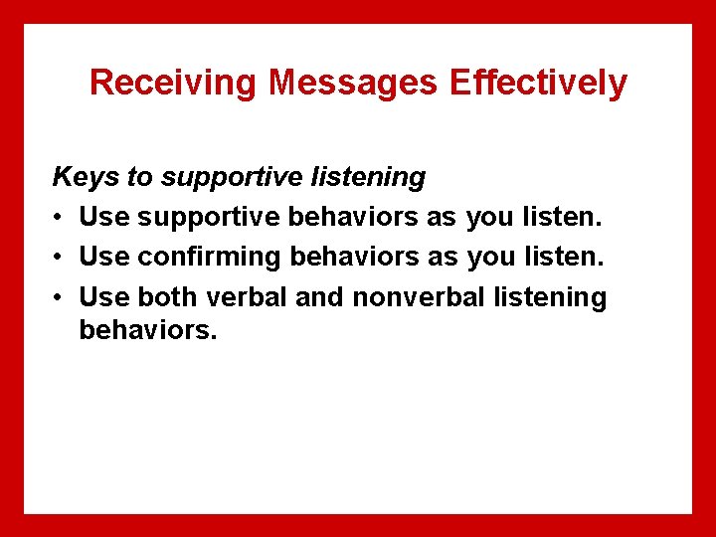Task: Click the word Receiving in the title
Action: (175, 83)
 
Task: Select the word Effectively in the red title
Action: (538, 83)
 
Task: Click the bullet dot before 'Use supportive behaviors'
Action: (60, 218)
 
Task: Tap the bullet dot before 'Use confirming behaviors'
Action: (60, 258)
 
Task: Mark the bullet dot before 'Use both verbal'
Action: (60, 297)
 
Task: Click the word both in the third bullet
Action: (168, 296)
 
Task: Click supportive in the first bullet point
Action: (207, 218)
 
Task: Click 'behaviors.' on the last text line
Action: (147, 329)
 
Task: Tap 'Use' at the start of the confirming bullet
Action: (104, 257)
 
